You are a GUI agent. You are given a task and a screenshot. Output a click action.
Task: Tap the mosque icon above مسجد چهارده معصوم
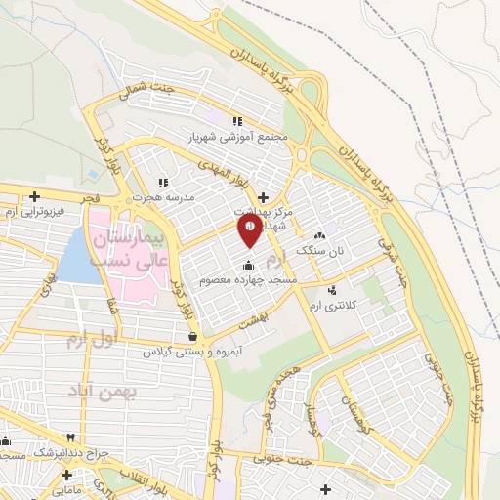pyautogui.click(x=249, y=265)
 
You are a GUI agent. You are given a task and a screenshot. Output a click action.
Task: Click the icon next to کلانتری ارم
pyautogui.click(x=333, y=290)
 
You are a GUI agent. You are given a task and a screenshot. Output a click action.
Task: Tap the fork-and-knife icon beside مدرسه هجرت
pyautogui.click(x=163, y=182)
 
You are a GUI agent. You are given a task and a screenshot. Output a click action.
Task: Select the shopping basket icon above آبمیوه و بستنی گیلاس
pyautogui.click(x=205, y=336)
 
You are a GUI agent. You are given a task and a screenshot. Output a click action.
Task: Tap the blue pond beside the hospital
pyautogui.click(x=79, y=257)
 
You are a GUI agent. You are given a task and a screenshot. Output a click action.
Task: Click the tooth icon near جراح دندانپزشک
pyautogui.click(x=70, y=437)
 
